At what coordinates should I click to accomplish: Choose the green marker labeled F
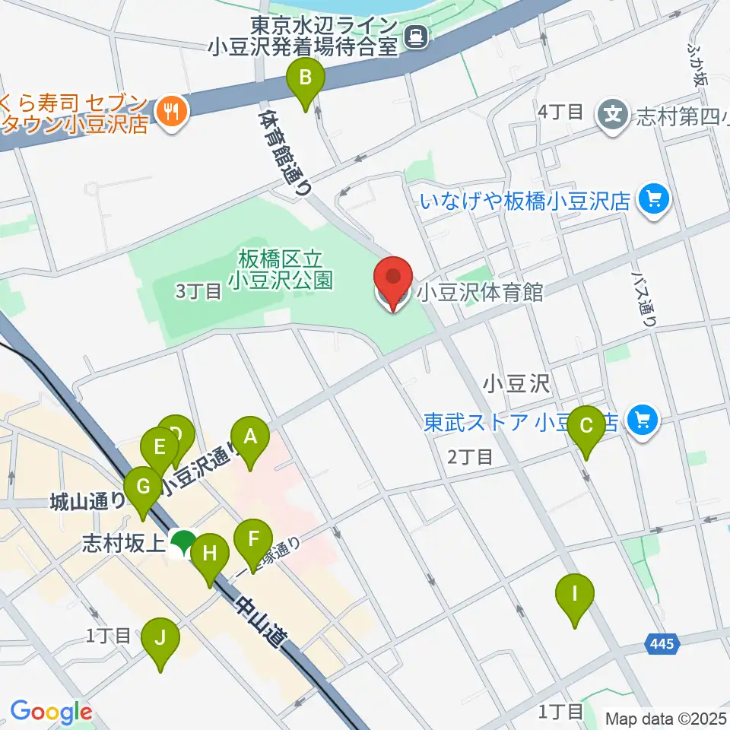pyautogui.click(x=253, y=542)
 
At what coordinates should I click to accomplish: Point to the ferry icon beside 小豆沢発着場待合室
pyautogui.click(x=417, y=35)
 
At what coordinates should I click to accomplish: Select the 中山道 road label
pyautogui.click(x=257, y=617)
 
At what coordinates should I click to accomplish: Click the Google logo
pyautogui.click(x=51, y=712)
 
